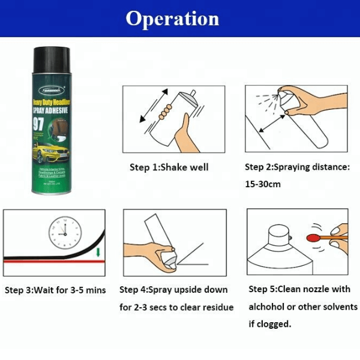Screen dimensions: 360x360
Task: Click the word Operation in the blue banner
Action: click(172, 19)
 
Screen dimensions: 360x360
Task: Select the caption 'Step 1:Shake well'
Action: click(169, 167)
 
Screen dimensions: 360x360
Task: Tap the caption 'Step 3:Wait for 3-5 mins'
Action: click(55, 290)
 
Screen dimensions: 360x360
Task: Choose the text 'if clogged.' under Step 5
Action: click(270, 323)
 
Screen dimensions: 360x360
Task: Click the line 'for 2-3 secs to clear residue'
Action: click(176, 307)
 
